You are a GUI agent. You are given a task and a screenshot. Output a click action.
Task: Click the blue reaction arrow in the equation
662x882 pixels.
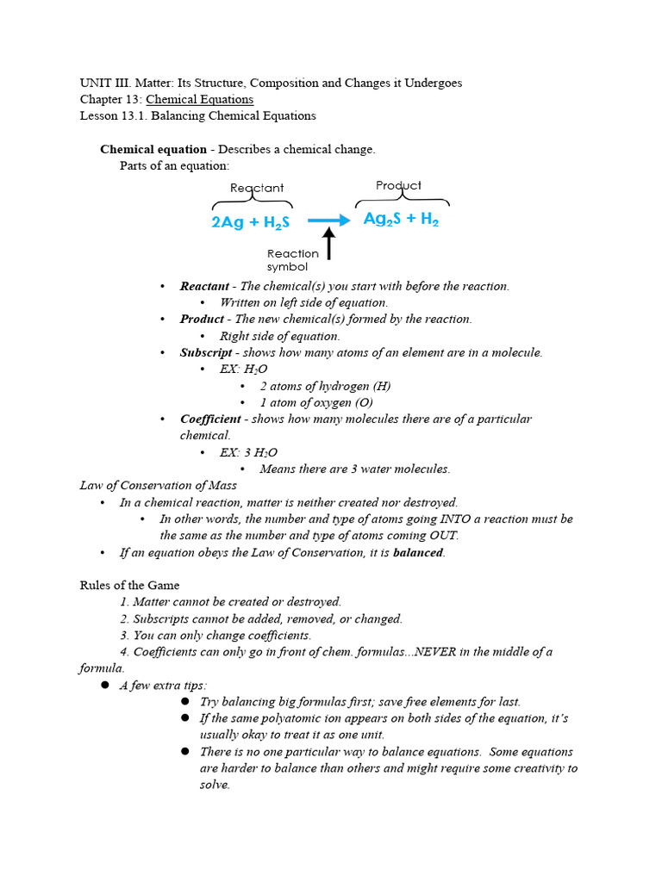point(328,220)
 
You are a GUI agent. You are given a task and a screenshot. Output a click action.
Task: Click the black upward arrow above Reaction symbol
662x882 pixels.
point(328,244)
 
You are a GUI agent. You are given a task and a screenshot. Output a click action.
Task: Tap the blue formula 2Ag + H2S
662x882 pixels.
point(250,222)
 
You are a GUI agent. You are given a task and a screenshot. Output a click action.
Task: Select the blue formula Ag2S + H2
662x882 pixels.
point(401,219)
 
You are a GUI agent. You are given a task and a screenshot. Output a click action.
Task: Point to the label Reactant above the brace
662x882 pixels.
point(257,188)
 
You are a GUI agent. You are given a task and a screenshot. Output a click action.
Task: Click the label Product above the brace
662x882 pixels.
point(398,185)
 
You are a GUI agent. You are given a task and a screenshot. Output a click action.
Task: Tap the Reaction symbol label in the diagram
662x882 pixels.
point(292,260)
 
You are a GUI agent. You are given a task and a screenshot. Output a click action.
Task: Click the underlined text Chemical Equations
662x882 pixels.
point(199,99)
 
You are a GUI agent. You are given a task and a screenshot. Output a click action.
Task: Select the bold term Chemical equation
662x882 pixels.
point(153,149)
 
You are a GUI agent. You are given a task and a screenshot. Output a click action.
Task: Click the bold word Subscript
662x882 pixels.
point(205,352)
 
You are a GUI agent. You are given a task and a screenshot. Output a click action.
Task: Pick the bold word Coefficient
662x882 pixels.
point(210,419)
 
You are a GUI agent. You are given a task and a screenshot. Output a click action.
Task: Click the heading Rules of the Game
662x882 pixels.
point(129,585)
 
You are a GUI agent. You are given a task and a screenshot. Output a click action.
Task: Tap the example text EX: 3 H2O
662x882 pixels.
point(248,452)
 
